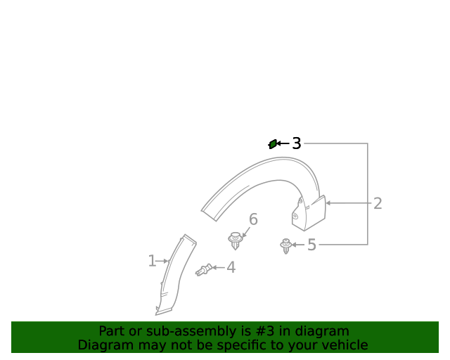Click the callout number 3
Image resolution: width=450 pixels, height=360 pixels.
tap(297, 143)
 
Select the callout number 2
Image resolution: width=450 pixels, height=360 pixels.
tap(378, 204)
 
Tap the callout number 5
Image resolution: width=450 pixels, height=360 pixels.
tap(311, 245)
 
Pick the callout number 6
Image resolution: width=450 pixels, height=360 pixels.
tap(253, 219)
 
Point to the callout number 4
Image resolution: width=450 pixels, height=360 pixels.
tap(231, 267)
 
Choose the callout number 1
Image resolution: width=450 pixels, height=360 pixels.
tap(152, 261)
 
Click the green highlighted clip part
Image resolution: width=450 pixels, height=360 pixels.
tap(273, 144)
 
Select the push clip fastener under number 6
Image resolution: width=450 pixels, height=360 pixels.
tap(236, 240)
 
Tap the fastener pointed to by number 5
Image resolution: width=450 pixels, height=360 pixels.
tap(286, 245)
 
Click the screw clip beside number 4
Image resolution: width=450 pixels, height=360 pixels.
tap(205, 269)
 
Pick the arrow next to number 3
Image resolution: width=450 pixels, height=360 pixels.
tap(283, 143)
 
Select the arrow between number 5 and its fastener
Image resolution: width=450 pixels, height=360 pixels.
tap(298, 245)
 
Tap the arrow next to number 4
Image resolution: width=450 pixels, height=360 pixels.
tap(218, 267)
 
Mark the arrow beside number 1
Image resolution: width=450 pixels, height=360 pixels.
tap(163, 261)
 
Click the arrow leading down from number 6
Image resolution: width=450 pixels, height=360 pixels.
tap(246, 231)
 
